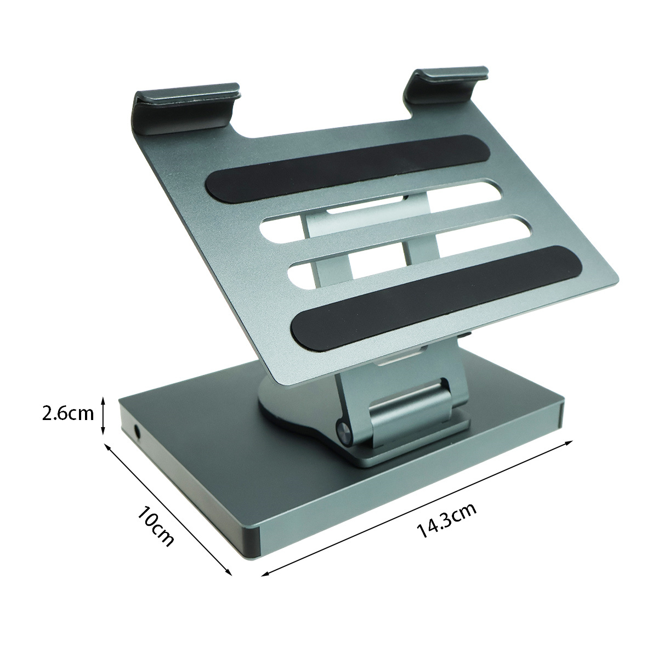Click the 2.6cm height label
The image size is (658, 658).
(x=67, y=413)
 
